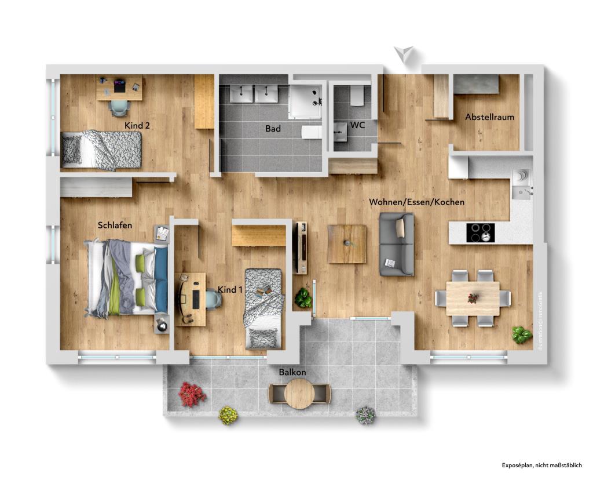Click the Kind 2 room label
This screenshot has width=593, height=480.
coord(137,125)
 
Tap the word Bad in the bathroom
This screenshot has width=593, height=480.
coord(273,129)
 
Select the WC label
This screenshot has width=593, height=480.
coord(357,125)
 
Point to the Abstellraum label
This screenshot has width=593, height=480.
coord(489,117)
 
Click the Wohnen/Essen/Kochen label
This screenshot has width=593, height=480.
coord(417,202)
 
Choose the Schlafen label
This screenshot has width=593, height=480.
coord(115,225)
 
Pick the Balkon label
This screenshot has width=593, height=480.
coord(292,372)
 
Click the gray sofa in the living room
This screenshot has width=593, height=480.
coord(397,244)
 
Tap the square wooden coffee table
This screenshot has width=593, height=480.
coord(347,244)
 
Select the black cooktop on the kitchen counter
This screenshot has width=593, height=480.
coord(481,232)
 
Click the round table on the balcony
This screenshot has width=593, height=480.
coord(299,393)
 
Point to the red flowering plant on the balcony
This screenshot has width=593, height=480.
coord(192,394)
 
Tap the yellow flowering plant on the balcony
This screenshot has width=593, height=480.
coord(228,415)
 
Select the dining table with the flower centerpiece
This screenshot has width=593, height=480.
coord(473,299)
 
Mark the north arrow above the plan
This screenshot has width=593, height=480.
coord(403,54)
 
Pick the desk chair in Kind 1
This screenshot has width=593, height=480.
coord(213,299)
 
